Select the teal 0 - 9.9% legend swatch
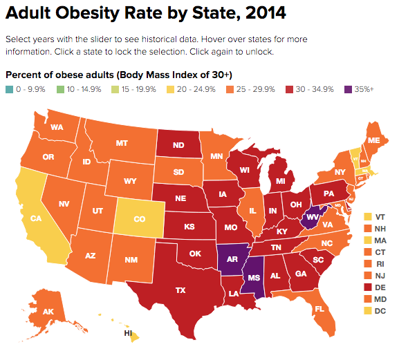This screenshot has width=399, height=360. pyautogui.click(x=8, y=89)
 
